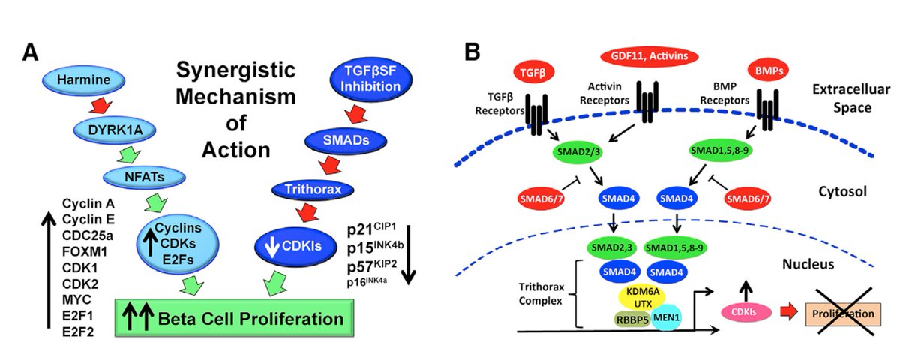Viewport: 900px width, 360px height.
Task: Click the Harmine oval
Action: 83,79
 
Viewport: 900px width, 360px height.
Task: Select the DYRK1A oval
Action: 115,130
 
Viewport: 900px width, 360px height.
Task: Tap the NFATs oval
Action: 144,177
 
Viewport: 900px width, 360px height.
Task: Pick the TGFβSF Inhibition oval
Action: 370,79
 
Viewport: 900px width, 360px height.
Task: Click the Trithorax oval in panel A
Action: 313,190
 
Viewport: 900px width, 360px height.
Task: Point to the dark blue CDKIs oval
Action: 295,246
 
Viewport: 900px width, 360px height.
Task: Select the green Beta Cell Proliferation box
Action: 234,318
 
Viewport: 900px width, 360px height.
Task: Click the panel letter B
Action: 472,52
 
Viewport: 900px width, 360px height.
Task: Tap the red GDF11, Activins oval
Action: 649,55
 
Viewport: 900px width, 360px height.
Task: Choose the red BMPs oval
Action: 769,71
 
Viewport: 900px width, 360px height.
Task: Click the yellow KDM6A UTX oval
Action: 643,298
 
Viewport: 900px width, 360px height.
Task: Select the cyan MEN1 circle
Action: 666,317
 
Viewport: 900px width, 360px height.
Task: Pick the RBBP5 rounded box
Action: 632,319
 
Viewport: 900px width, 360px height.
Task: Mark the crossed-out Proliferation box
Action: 843,313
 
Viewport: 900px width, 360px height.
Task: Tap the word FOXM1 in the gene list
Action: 85,251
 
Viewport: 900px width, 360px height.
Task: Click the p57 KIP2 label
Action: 372,266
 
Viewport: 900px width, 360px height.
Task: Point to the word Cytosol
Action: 842,192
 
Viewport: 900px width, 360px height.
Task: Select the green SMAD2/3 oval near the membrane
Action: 577,153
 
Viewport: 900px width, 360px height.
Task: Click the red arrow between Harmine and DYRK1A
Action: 100,106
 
